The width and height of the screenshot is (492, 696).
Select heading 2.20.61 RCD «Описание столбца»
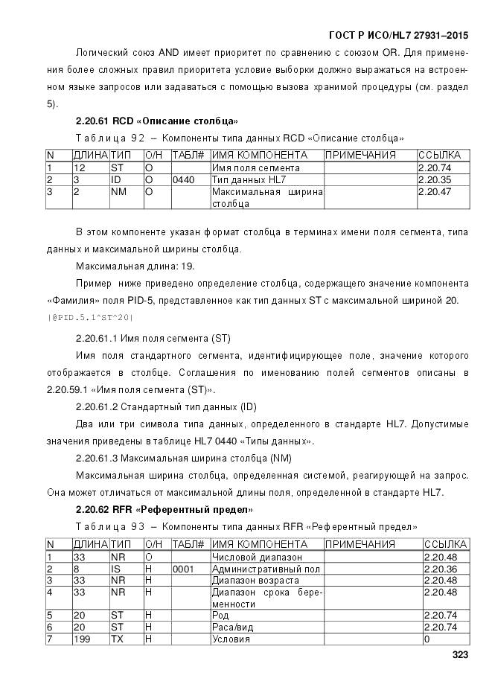157,121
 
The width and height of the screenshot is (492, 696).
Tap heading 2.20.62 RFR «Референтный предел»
164,509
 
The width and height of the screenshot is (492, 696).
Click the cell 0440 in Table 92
182,180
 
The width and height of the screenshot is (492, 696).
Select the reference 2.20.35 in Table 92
435,180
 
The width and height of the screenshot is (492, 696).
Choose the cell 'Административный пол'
266,569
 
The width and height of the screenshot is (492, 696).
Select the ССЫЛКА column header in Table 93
444,544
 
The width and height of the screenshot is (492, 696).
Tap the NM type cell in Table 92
118,192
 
